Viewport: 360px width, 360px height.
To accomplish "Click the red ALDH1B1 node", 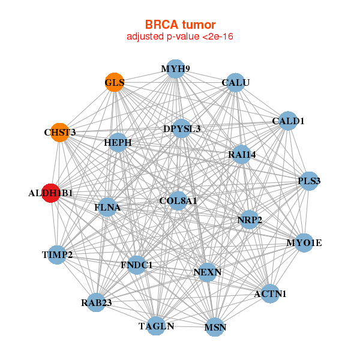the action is pos(51,193).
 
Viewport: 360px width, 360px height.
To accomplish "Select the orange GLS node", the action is pos(114,82).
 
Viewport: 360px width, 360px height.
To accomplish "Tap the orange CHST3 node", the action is pos(60,132).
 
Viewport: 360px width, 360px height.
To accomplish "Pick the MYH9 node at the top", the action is pos(175,69).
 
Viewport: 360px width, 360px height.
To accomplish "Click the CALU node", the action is pos(236,82).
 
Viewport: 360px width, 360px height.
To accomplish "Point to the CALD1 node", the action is pos(289,121).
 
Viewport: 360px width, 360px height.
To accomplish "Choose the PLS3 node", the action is pos(309,181).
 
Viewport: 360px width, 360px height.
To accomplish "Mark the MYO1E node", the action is pos(304,243).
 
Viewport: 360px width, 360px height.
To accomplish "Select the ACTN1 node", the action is pos(270,293).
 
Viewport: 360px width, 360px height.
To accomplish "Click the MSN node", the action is pos(215,328).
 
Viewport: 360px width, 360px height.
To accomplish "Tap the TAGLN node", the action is pos(156,326).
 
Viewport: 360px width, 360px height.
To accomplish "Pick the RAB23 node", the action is pos(97,302).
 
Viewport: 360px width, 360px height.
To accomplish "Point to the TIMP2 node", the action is pos(57,255).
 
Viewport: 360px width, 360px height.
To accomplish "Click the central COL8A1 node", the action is pos(178,200).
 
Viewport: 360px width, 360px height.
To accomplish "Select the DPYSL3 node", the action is pos(182,128).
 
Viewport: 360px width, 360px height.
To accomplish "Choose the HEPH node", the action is pos(118,143).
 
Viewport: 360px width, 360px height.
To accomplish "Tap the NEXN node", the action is pos(208,272).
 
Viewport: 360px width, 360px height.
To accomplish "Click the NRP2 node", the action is pos(250,220).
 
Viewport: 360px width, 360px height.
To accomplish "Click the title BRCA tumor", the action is pos(180,25).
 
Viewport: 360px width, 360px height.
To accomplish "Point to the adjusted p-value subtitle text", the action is pos(180,37).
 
